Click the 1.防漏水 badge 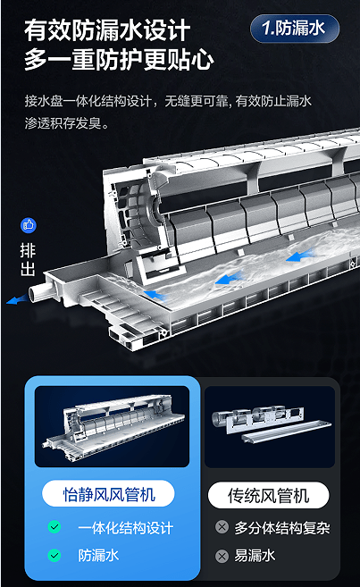[x=295, y=29]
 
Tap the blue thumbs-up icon [x=29, y=225]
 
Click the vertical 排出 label [x=28, y=259]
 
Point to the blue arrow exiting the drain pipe [x=16, y=299]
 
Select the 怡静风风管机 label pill [x=108, y=494]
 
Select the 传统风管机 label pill [x=269, y=495]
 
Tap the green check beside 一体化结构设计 [x=54, y=527]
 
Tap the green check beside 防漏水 [x=54, y=555]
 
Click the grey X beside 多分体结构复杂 [x=222, y=527]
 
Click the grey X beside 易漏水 [x=222, y=556]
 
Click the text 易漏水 [x=255, y=556]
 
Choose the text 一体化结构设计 [x=125, y=528]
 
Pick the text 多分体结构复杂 [x=282, y=528]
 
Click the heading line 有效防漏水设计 [x=107, y=30]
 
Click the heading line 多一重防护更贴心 [x=119, y=59]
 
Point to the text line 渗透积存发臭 [x=67, y=123]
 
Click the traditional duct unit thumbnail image [x=270, y=427]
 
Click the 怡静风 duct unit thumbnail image [x=112, y=426]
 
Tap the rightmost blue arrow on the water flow [x=299, y=256]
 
